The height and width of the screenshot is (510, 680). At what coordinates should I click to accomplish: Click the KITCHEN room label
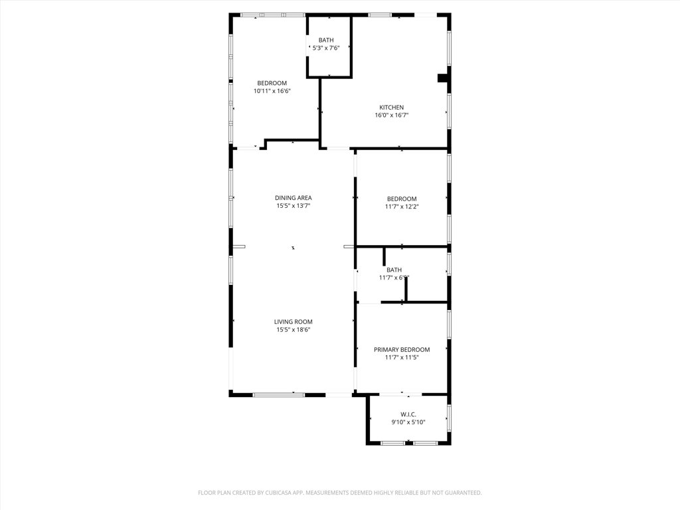[391, 108]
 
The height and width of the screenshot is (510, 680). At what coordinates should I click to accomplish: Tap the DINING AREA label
[294, 198]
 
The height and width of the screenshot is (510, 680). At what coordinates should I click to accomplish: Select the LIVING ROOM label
[294, 322]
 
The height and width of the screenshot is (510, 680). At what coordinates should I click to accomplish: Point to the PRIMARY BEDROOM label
[402, 350]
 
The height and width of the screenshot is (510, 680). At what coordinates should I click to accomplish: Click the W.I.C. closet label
[408, 414]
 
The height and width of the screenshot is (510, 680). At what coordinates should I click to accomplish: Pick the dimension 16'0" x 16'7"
[391, 116]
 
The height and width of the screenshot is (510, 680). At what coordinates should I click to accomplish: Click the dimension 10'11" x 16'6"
[272, 91]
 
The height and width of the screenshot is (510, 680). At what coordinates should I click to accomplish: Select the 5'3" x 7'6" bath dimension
[326, 48]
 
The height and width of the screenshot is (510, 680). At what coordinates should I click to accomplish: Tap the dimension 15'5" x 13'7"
[294, 206]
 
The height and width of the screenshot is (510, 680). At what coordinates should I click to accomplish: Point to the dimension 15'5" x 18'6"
[294, 330]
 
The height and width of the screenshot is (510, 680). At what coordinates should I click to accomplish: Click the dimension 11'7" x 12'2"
[402, 207]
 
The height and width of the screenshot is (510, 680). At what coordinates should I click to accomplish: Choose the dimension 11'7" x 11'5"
[402, 358]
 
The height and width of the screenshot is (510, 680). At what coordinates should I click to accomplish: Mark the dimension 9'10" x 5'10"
[408, 422]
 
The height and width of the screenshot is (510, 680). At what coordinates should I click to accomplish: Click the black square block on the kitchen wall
[443, 78]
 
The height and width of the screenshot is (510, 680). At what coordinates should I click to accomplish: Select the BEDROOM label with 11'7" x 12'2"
[402, 199]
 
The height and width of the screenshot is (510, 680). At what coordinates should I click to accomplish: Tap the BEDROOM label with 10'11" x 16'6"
[272, 83]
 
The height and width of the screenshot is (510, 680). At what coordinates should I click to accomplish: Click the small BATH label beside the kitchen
[326, 40]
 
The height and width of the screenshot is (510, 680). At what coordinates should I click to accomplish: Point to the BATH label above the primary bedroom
[394, 270]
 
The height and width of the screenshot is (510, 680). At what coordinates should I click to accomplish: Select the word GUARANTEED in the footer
[458, 493]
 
